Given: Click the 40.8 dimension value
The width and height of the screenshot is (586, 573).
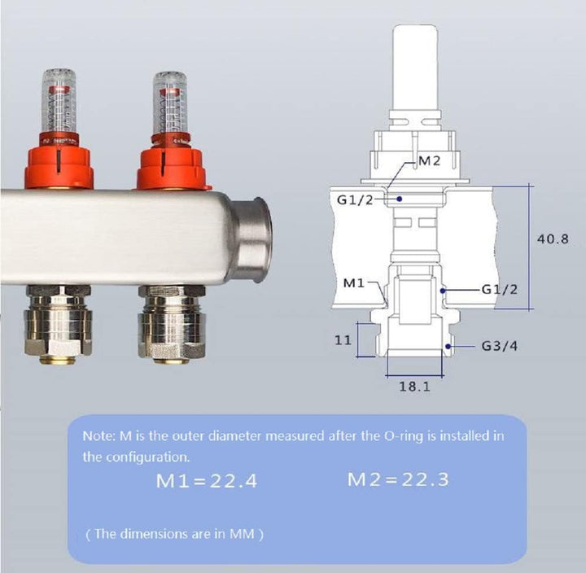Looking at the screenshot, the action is (x=553, y=238).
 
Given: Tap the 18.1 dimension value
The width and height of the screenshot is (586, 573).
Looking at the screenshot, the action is (x=415, y=387).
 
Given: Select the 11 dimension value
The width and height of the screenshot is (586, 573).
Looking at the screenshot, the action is (x=343, y=340).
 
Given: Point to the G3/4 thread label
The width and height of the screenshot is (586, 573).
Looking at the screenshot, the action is (x=500, y=346).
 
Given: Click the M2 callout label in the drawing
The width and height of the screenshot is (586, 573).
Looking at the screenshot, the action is (x=430, y=160).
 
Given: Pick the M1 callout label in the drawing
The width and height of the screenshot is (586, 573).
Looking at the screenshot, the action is (x=353, y=283).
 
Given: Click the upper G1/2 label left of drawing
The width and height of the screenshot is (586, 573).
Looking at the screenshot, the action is (x=355, y=200).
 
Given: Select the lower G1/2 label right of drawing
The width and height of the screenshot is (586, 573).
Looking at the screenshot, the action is (x=500, y=289).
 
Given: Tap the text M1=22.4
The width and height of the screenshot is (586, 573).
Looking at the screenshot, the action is (x=207, y=481).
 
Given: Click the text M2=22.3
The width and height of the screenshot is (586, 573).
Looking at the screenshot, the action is (x=398, y=479).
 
